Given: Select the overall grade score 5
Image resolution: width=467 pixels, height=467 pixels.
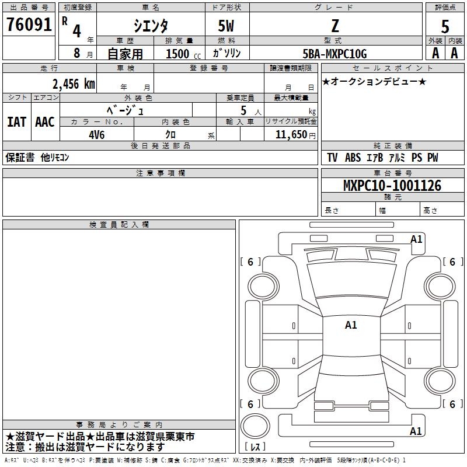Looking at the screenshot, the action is point(445,26).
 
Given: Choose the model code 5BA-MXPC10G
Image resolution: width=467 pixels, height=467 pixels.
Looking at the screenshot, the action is point(334,54).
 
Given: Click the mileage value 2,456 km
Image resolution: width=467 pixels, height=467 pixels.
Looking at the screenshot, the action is point(73,83).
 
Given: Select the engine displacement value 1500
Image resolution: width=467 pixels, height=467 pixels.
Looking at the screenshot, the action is point(177,54).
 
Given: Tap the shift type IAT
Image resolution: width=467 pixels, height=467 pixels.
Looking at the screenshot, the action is point(16,121).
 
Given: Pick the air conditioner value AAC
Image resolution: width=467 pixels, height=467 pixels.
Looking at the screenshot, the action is point(44,121).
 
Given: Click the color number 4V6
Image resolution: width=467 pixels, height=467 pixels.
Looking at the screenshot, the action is point(96,134).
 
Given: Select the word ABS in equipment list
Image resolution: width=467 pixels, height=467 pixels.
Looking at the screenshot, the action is point(353,158).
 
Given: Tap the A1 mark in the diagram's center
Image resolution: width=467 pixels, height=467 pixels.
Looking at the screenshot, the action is point(350,325).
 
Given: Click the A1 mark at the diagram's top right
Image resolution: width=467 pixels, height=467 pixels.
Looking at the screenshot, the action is point(416,239).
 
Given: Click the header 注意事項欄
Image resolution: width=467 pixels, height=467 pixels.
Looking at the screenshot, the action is point(160,173).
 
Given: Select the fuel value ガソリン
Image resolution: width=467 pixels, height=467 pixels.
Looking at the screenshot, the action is point(226,54).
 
